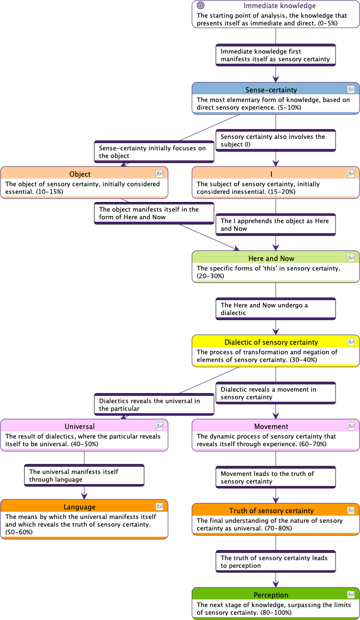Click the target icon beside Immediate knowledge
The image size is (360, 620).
point(201,6)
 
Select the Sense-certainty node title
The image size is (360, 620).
point(271,90)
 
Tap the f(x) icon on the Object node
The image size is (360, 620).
point(159,174)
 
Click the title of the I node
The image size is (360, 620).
point(271,174)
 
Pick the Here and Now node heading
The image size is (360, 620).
point(271,258)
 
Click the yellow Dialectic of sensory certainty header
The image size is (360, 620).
point(271,342)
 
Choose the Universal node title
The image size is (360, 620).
point(79,426)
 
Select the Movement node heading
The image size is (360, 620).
point(271,426)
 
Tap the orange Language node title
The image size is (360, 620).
point(79,507)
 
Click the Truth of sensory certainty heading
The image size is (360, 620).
point(271,510)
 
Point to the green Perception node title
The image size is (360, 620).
point(271,595)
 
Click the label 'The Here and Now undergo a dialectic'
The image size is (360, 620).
point(275,309)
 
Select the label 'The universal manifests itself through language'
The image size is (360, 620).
point(84,475)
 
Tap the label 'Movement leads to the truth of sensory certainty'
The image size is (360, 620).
point(275,477)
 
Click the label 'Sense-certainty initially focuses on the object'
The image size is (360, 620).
point(154,152)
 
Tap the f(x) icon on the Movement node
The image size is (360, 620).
point(351,426)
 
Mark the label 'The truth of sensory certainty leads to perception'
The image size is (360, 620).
point(275,562)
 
